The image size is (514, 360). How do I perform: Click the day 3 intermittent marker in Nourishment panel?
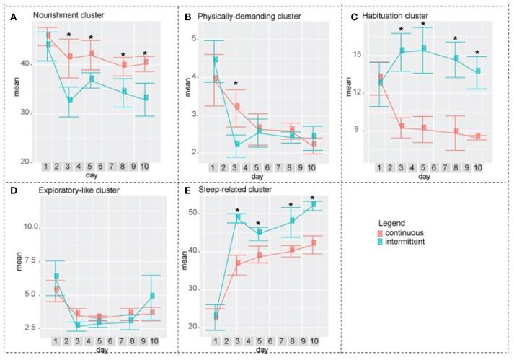(69, 100)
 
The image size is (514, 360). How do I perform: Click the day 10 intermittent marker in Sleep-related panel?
(313, 204)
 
